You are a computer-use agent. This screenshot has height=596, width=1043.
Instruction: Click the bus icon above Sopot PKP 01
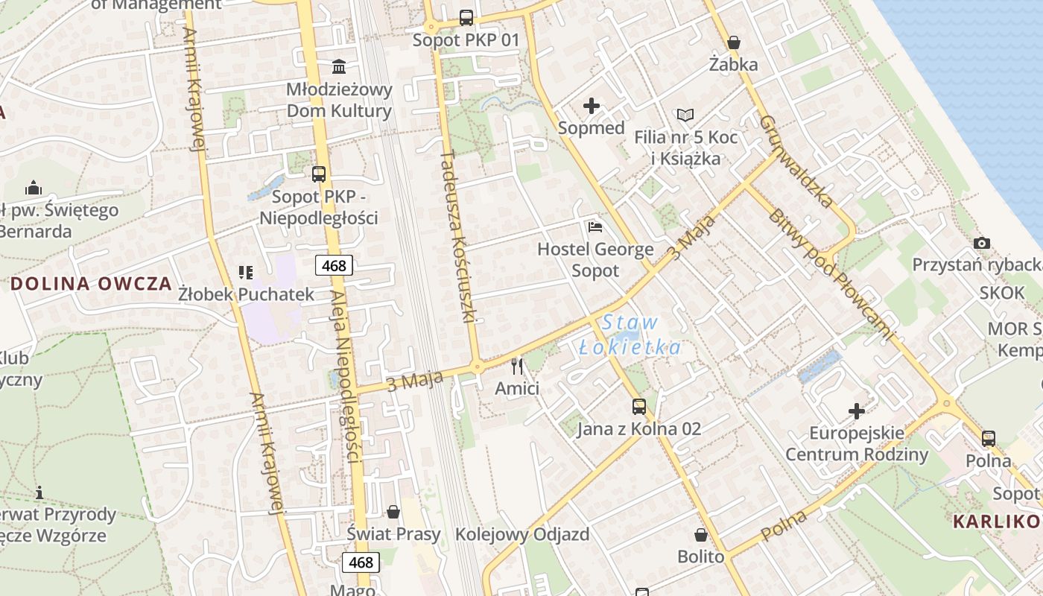[x=466, y=17]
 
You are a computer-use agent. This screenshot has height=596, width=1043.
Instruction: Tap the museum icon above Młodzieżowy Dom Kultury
[x=340, y=67]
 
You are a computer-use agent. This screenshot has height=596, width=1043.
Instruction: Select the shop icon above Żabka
[x=734, y=42]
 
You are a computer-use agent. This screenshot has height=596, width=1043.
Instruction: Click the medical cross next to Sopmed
[x=592, y=106]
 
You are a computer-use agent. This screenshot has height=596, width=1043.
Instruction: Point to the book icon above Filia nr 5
[x=685, y=115]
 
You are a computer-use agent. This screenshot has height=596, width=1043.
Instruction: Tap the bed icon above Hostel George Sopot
[x=595, y=226]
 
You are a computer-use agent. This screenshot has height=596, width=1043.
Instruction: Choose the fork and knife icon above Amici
[x=517, y=367]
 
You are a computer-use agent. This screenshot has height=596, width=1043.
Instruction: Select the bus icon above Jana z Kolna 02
[x=639, y=406]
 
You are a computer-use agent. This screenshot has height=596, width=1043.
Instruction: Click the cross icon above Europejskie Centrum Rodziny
[x=857, y=410]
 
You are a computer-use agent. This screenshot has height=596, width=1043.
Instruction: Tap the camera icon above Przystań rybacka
[x=982, y=243]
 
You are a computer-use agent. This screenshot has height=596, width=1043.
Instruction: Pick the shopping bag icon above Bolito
[x=701, y=535]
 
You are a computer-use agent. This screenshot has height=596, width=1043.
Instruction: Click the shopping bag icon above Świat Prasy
[x=393, y=512]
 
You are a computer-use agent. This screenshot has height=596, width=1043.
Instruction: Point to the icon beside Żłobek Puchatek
[x=246, y=273]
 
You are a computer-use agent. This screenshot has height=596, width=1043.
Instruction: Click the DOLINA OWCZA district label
[x=91, y=284]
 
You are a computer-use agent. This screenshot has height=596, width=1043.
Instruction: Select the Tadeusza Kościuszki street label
[x=457, y=235]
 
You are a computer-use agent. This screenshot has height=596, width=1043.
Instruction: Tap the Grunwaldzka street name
[x=796, y=160]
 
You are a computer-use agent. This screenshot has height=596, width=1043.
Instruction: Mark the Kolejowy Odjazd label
[x=522, y=534]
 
